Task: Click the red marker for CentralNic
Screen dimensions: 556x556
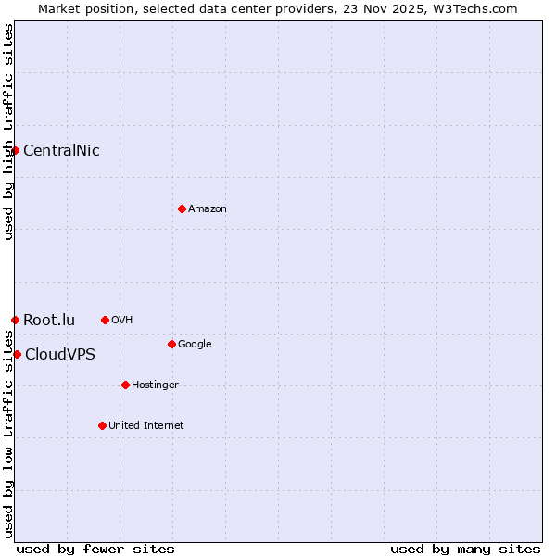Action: [x=15, y=150]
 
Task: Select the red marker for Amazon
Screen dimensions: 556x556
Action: [x=182, y=208]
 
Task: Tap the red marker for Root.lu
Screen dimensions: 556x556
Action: [x=15, y=320]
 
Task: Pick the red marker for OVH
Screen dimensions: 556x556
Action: [x=105, y=320]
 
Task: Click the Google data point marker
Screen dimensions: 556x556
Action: [x=171, y=344]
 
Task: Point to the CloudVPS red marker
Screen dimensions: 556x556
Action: [x=17, y=354]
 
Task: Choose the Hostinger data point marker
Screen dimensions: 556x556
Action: [x=125, y=385]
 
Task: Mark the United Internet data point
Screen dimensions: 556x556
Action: [x=102, y=425]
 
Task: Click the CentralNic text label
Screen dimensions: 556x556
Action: [x=61, y=151]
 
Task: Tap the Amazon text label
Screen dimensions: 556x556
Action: [x=208, y=209]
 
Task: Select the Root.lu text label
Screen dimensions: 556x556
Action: [x=49, y=321]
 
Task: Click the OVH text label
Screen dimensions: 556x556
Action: [x=122, y=321]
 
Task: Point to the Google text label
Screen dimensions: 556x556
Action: [x=195, y=345]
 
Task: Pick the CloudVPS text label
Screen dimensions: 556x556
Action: [x=60, y=355]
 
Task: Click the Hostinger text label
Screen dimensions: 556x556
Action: [x=155, y=385]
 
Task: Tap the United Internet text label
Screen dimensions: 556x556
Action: [x=146, y=426]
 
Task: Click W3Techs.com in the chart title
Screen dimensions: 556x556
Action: [x=473, y=9]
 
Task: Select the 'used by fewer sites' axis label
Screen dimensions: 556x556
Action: [x=95, y=550]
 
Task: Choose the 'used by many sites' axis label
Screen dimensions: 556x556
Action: [x=465, y=550]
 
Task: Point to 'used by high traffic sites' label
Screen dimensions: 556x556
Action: [x=8, y=132]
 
